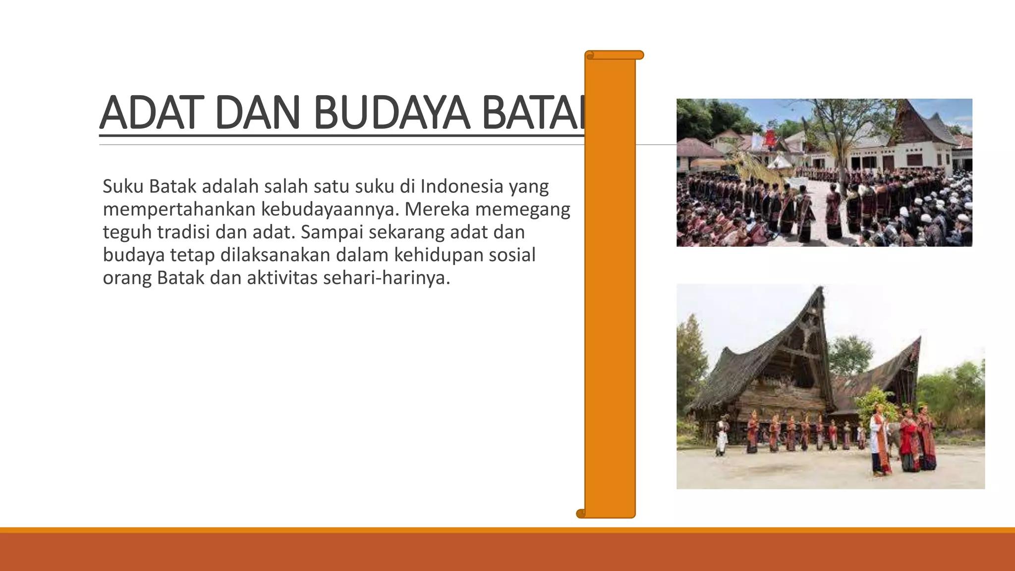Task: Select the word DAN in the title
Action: tap(257, 113)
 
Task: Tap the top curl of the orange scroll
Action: tap(615, 55)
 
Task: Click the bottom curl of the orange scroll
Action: tap(581, 514)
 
